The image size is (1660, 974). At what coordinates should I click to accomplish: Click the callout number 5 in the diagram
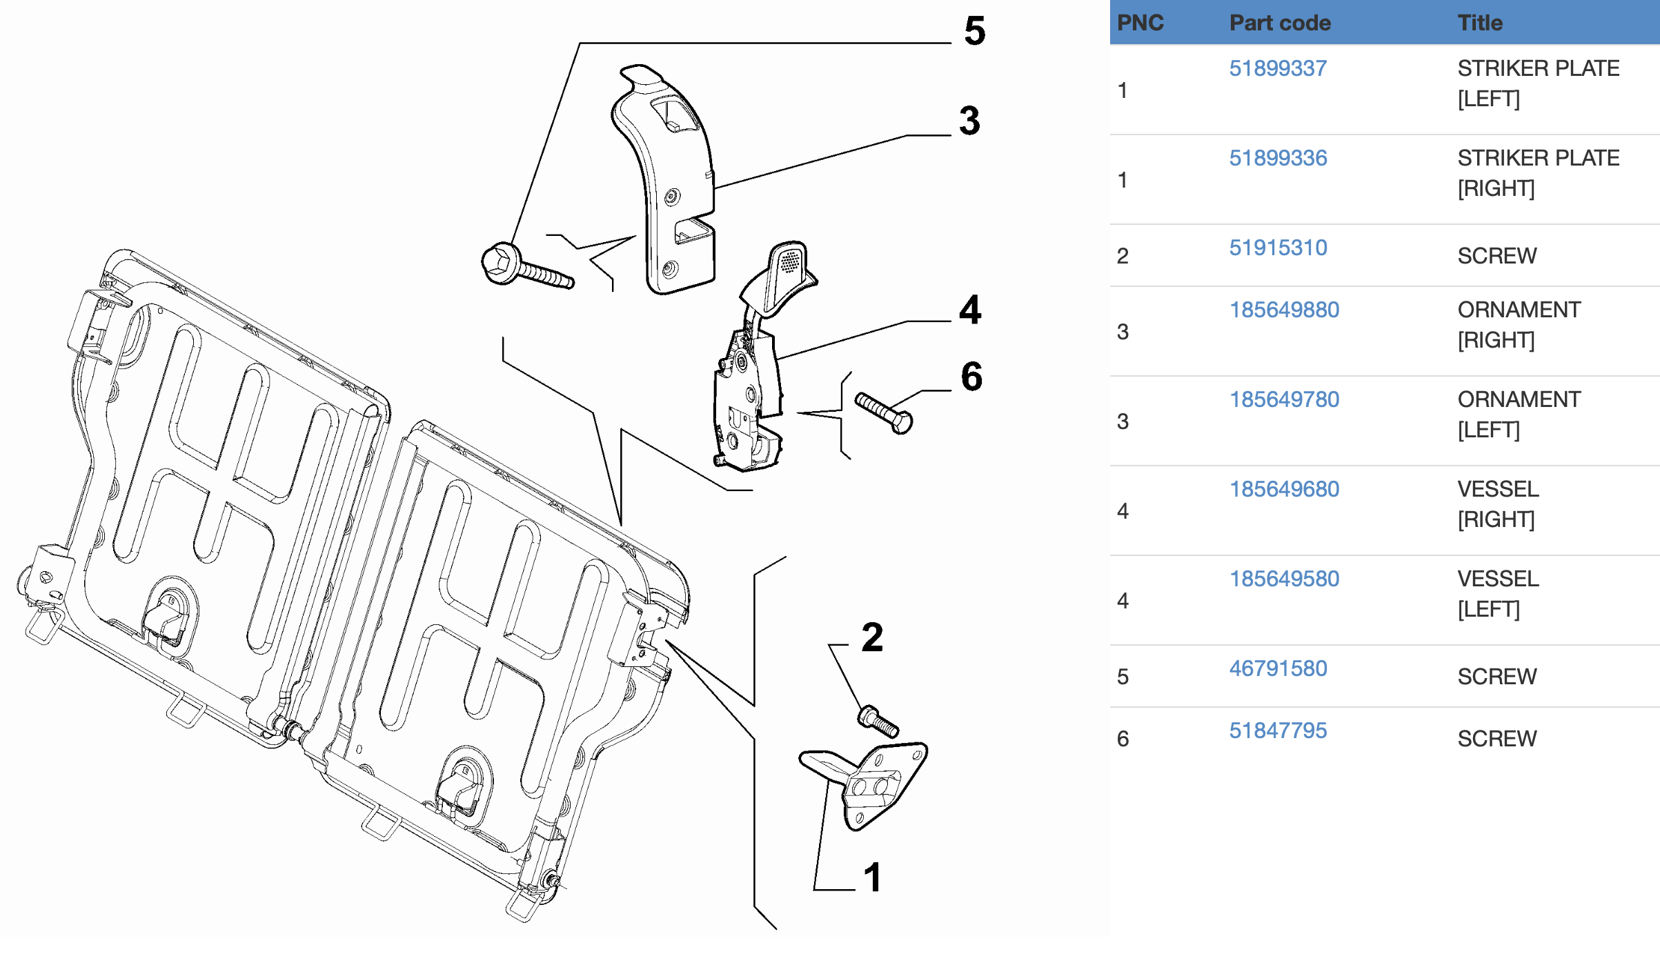tap(974, 31)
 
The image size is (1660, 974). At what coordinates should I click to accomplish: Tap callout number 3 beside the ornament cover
tap(969, 121)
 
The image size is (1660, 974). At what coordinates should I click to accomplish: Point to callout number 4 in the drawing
tap(970, 310)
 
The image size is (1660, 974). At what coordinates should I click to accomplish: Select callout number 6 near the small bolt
tap(971, 377)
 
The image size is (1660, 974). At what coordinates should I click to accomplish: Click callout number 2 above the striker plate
tap(872, 637)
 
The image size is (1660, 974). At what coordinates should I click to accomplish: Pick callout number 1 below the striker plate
tap(873, 877)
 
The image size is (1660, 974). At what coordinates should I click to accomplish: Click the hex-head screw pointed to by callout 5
tap(525, 268)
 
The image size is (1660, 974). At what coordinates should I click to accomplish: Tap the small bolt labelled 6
tap(884, 413)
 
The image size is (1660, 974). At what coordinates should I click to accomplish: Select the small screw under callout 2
tap(878, 721)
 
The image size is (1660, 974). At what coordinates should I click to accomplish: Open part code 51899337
tap(1278, 68)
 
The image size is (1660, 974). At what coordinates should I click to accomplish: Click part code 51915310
tap(1278, 248)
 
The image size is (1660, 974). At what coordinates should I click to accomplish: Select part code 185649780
tap(1284, 399)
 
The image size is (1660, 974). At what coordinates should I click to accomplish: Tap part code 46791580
tap(1278, 668)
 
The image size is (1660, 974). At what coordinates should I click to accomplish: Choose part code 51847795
tap(1278, 730)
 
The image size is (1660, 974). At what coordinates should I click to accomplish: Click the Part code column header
tap(1280, 23)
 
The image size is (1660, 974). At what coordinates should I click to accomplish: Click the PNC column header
tap(1140, 23)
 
